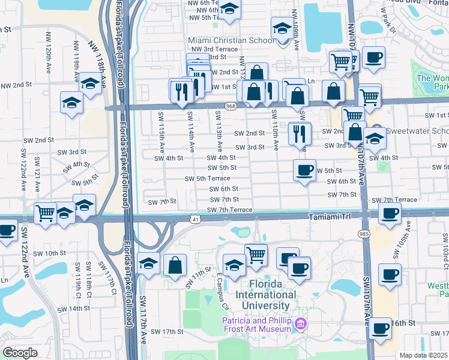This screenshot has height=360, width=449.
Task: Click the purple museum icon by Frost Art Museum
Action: (x=300, y=325)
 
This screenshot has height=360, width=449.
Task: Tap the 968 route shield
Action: (x=231, y=106)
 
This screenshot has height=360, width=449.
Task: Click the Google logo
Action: (x=20, y=353)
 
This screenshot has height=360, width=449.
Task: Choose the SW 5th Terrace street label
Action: (x=207, y=179)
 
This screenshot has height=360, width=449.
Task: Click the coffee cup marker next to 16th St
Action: (x=381, y=329)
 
